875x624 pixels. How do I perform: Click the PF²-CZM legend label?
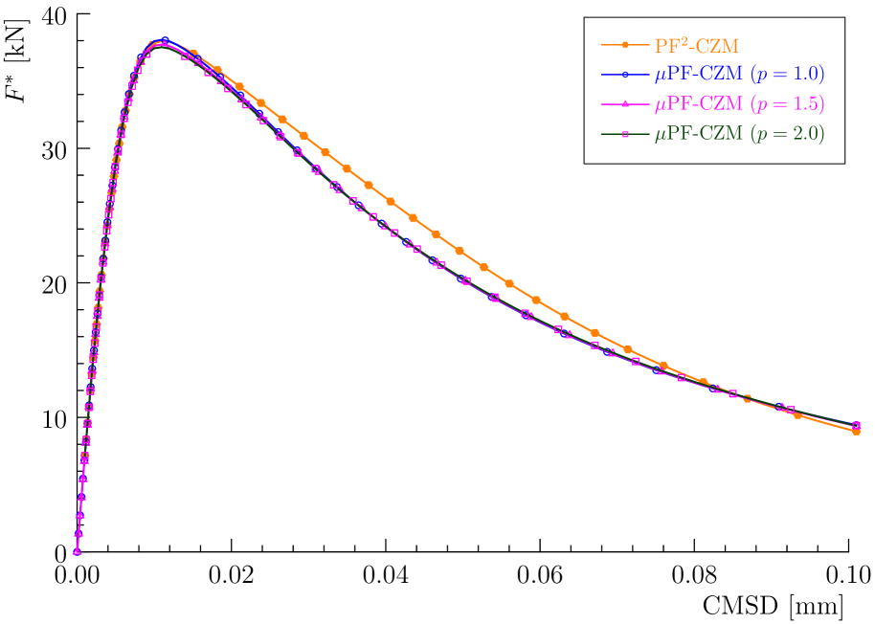(x=697, y=45)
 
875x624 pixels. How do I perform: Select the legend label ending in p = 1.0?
(x=739, y=74)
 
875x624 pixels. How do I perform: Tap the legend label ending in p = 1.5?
(x=739, y=103)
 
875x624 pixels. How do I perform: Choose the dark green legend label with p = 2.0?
(x=739, y=134)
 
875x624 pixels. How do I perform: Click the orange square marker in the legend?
(x=625, y=45)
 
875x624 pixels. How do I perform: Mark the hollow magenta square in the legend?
(x=625, y=135)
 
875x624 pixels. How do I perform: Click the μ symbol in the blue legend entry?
(x=661, y=76)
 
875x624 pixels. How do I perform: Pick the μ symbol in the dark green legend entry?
(x=661, y=136)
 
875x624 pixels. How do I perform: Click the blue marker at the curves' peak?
(x=166, y=41)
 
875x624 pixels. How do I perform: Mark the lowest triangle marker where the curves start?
(x=77, y=550)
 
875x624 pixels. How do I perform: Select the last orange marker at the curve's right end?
(x=856, y=432)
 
